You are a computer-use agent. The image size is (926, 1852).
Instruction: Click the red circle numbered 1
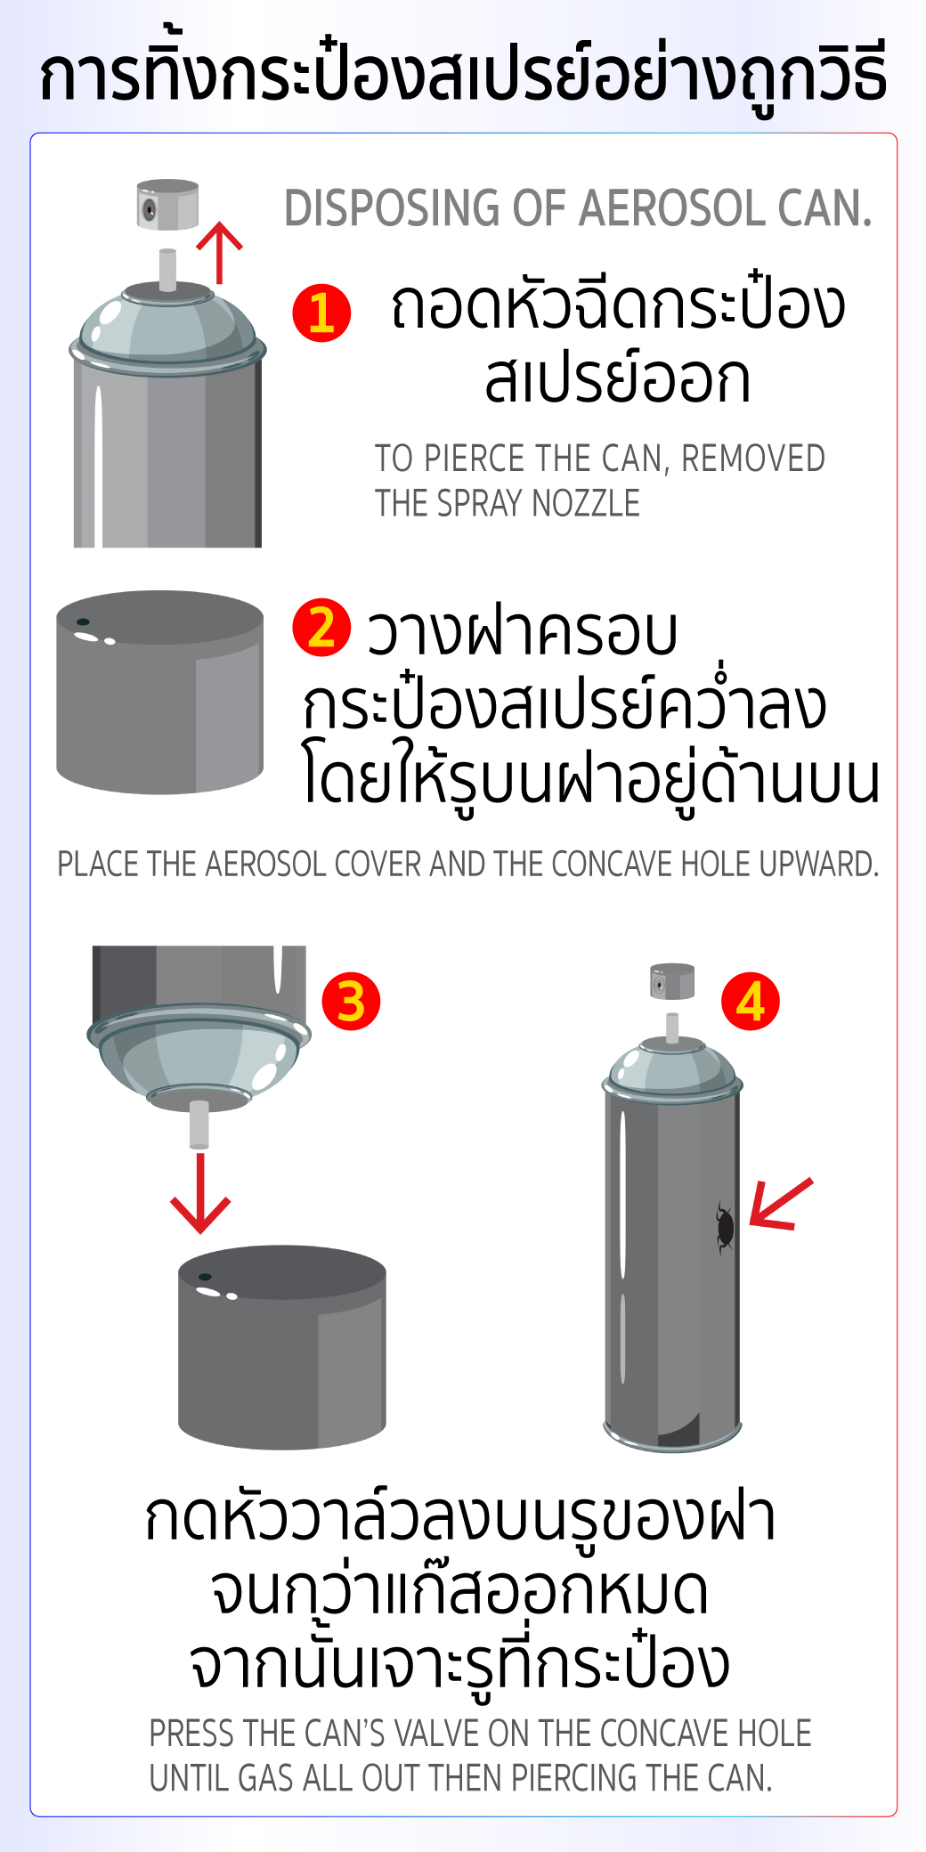pos(321,313)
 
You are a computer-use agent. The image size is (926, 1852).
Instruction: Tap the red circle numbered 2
pos(321,628)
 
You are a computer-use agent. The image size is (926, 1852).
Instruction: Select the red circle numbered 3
pos(351,1001)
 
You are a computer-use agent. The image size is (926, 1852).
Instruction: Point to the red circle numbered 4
pos(751,1001)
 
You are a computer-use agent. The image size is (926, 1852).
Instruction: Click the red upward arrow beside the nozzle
pos(219,252)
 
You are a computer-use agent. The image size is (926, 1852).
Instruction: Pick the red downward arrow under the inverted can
pos(200,1193)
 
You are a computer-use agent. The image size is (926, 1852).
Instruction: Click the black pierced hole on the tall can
pos(726,1227)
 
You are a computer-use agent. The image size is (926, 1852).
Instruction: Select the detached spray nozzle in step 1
pos(167,205)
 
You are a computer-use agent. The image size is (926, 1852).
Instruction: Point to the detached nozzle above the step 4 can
pos(672,981)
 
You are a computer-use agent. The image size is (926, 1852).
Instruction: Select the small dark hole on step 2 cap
pos(83,621)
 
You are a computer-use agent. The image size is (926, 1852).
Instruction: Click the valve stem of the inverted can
pos(199,1125)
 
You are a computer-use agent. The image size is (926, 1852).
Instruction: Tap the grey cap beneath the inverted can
pos(282,1346)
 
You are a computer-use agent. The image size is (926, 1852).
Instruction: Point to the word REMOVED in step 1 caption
pos(752,459)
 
